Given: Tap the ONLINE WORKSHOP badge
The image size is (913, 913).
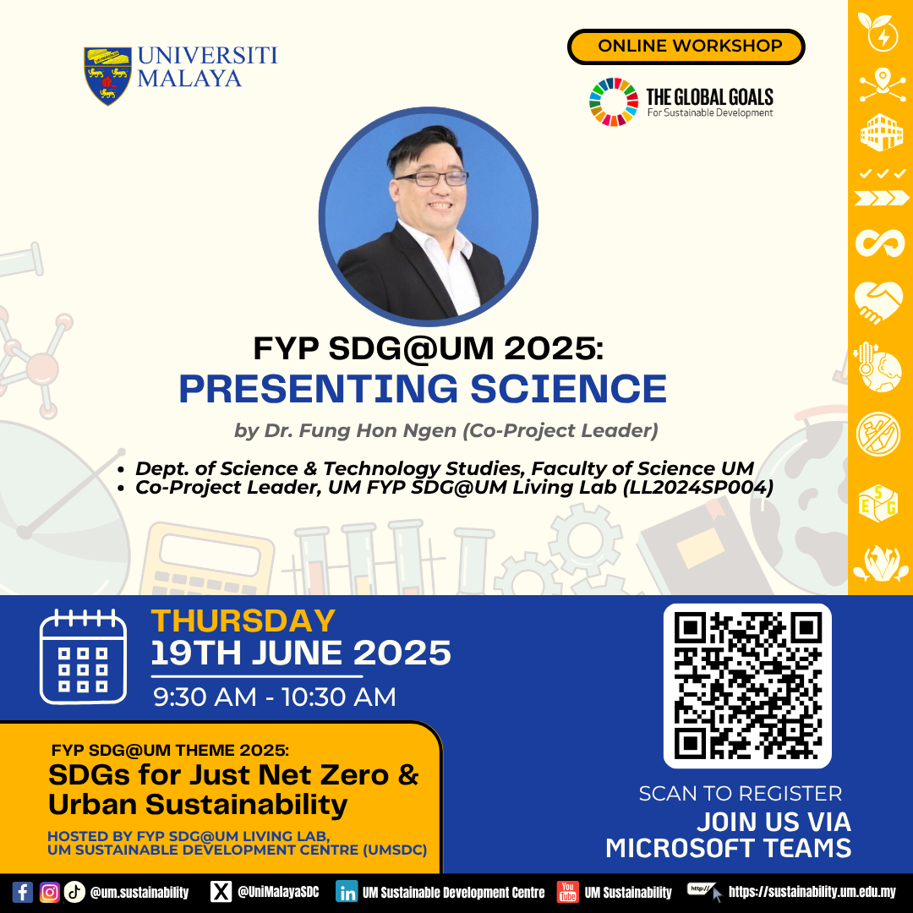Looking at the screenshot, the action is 686,46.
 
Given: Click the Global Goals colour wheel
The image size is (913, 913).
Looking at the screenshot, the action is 614,102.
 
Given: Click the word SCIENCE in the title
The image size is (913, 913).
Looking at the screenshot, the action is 568,388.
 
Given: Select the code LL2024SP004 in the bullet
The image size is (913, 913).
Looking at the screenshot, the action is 698,488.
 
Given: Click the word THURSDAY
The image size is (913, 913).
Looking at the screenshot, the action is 243,621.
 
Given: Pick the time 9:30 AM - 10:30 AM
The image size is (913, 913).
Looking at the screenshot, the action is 274,697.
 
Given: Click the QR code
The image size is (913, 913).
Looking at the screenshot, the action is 747,686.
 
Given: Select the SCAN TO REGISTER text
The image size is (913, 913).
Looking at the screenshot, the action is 740,794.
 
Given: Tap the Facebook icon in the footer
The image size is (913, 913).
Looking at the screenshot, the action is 23,892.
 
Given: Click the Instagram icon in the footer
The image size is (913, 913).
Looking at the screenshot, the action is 50,892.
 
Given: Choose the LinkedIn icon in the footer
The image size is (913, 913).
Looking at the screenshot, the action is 347,893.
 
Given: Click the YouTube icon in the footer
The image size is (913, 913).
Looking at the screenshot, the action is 568,892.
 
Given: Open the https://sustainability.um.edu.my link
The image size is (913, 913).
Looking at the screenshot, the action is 812,892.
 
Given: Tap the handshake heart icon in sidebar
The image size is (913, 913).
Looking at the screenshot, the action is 879,301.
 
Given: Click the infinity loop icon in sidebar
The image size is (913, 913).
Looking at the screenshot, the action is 880,243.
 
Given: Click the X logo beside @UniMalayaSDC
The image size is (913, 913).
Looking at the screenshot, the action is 221,892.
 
